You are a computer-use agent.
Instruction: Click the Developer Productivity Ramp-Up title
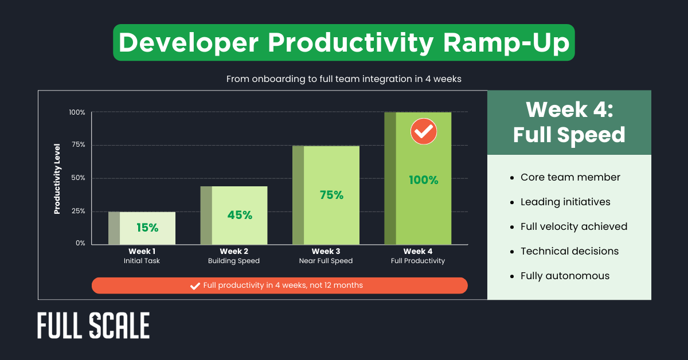point(343,42)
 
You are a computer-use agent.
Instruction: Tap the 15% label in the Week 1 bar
point(147,228)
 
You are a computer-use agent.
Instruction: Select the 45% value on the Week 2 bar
point(240,215)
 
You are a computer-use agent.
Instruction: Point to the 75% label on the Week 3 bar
point(331,195)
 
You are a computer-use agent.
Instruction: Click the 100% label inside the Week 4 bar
point(423,180)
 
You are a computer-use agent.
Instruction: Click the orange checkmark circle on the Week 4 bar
point(423,132)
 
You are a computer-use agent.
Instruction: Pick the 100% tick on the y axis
point(77,112)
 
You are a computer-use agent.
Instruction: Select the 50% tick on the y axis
point(77,178)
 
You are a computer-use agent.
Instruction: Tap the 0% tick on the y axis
point(80,243)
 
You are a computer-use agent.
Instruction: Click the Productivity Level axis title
point(57,178)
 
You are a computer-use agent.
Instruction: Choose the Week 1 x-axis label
point(142,251)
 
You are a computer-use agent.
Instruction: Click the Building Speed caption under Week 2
point(233,261)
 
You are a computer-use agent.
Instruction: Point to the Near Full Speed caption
point(326,261)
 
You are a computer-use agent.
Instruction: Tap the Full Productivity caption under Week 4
point(418,261)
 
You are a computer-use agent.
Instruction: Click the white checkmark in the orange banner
point(195,285)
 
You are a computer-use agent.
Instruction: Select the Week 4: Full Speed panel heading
point(569,122)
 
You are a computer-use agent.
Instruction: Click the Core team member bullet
point(570,177)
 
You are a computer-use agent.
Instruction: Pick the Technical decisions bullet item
point(569,251)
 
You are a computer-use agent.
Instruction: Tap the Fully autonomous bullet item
point(565,276)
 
